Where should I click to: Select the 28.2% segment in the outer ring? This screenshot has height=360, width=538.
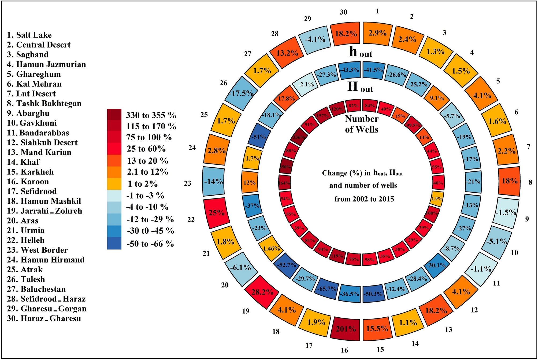[262, 292]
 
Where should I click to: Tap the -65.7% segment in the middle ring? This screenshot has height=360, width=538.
[327, 289]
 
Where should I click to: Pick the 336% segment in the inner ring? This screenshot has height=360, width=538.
[299, 137]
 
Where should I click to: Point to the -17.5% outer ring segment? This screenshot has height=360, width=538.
[241, 93]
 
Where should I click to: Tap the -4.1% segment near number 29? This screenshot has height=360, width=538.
[315, 39]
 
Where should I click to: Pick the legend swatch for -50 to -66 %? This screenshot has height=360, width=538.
[114, 244]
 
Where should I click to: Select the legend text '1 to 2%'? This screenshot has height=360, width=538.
[142, 184]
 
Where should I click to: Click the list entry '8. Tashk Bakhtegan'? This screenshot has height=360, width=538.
[44, 104]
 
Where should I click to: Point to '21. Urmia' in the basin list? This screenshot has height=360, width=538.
[25, 230]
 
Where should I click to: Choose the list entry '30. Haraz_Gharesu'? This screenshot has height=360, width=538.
[44, 318]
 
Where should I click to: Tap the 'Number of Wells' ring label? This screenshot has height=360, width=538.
[362, 124]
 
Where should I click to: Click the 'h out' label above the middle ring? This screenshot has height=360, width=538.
[361, 52]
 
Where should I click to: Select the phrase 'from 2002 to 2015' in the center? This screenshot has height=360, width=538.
[364, 199]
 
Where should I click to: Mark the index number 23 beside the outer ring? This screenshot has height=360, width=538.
[188, 183]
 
